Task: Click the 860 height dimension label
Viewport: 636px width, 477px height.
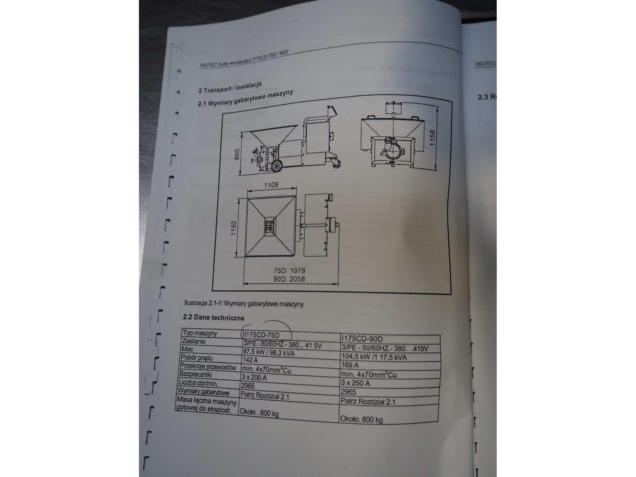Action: (x=237, y=155)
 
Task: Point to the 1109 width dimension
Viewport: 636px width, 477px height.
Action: (x=271, y=185)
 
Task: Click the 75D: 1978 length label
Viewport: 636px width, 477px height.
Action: (x=289, y=271)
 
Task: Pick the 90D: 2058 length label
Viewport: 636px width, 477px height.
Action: (x=289, y=279)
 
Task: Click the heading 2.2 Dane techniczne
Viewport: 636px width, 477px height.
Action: (x=214, y=317)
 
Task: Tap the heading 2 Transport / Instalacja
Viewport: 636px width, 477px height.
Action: (x=230, y=87)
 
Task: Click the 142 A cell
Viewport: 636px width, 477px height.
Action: (x=250, y=360)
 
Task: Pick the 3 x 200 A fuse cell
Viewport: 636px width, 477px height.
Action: (x=254, y=377)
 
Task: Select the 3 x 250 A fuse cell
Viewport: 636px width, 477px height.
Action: (x=355, y=383)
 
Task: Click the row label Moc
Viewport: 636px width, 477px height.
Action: (x=188, y=349)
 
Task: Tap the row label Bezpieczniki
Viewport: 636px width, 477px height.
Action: (x=196, y=374)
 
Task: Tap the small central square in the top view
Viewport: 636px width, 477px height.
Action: (x=270, y=226)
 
